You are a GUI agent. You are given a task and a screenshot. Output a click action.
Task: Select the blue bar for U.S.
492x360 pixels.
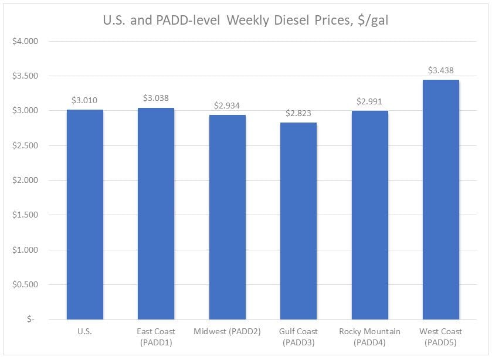pyautogui.click(x=85, y=215)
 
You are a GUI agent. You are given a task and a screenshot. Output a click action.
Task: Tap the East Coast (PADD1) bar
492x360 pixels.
pyautogui.click(x=156, y=213)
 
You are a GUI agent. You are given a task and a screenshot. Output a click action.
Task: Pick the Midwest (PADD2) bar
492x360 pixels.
pyautogui.click(x=228, y=217)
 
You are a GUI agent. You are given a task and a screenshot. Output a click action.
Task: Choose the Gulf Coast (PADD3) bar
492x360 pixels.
pyautogui.click(x=298, y=221)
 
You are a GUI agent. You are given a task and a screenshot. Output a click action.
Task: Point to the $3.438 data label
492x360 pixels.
pyautogui.click(x=441, y=70)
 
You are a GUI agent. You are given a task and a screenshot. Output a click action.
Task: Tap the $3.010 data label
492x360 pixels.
pyautogui.click(x=85, y=100)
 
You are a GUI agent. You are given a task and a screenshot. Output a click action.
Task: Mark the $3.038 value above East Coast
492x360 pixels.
pyautogui.click(x=156, y=99)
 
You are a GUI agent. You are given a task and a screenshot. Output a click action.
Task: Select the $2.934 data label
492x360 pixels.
pyautogui.click(x=228, y=106)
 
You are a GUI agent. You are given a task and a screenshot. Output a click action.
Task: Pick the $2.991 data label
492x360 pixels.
pyautogui.click(x=369, y=101)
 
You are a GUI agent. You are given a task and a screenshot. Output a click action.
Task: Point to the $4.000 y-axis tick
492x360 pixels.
pyautogui.click(x=25, y=42)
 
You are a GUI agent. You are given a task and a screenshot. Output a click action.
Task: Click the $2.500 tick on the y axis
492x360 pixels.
pyautogui.click(x=25, y=146)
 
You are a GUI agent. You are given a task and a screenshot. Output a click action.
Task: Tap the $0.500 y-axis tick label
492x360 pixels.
pyautogui.click(x=25, y=285)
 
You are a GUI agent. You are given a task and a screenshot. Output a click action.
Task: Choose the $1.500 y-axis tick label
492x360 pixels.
pyautogui.click(x=25, y=215)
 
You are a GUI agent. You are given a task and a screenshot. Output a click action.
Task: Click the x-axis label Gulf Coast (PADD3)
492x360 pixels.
pyautogui.click(x=298, y=337)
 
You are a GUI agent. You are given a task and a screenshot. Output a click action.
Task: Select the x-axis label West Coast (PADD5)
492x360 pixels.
pyautogui.click(x=441, y=337)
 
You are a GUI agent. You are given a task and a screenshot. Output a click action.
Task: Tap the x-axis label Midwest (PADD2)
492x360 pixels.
pyautogui.click(x=228, y=332)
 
